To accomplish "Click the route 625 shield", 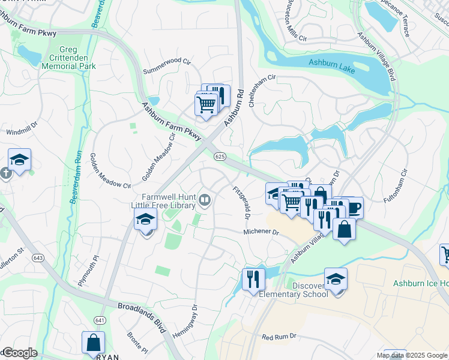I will click(220, 156).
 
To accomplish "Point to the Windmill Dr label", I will click(22, 131).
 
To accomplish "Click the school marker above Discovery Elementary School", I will click(336, 279).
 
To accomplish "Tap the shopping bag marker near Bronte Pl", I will click(93, 343).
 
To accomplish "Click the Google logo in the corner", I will click(19, 353).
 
